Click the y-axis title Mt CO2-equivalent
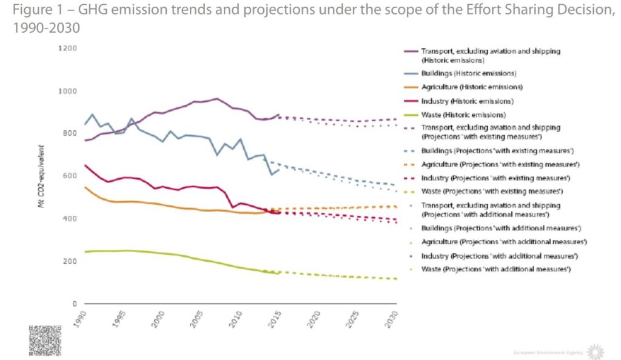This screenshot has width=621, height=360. tap(41, 176)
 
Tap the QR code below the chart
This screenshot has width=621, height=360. tap(44, 341)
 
